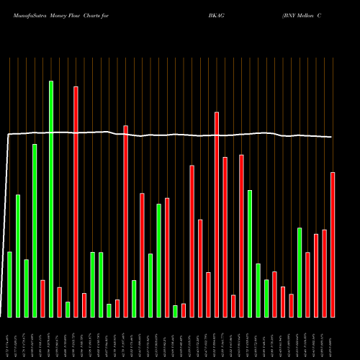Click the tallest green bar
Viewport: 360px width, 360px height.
pyautogui.click(x=51, y=199)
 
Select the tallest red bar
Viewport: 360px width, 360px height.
pyautogui.click(x=76, y=202)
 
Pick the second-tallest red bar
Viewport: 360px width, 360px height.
pyautogui.click(x=217, y=215)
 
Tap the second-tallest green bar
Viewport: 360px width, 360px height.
pyautogui.click(x=35, y=230)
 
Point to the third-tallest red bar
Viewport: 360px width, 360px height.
pyautogui.click(x=125, y=221)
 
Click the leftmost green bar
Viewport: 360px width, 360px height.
pyautogui.click(x=9, y=284)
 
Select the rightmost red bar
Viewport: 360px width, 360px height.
pyautogui.click(x=333, y=245)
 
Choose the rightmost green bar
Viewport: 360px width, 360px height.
pyautogui.click(x=300, y=272)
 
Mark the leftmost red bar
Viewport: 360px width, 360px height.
pyautogui.click(x=42, y=298)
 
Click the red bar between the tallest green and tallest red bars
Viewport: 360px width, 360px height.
pyautogui.click(x=59, y=302)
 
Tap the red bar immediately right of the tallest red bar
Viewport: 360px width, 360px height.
pyautogui.click(x=84, y=305)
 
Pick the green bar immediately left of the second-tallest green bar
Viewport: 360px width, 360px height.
pyautogui.click(x=26, y=288)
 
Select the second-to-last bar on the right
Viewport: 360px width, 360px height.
pyautogui.click(x=324, y=273)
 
